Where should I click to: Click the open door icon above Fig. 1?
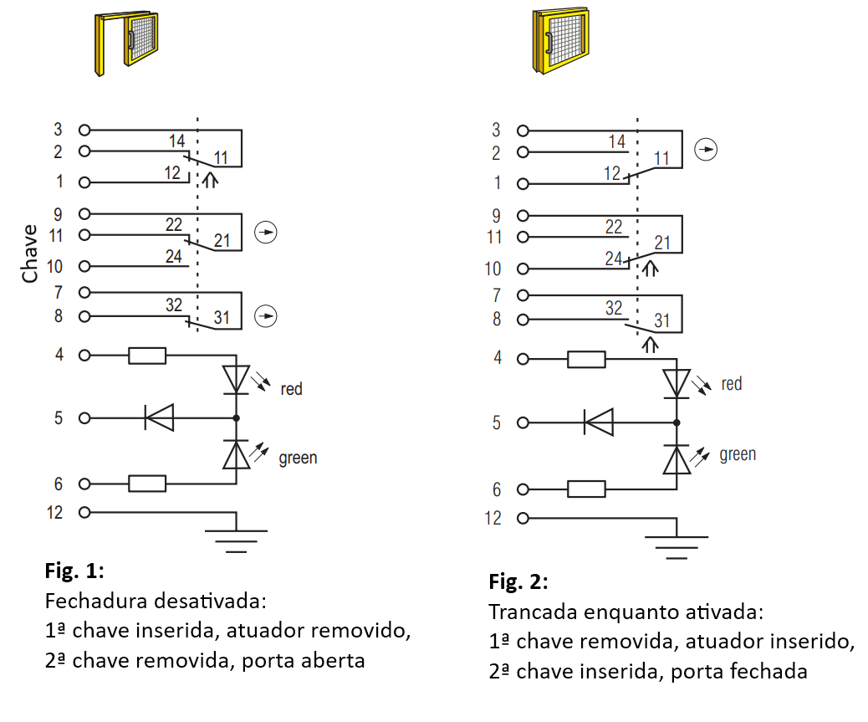pyautogui.click(x=126, y=43)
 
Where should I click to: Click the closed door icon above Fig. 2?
pyautogui.click(x=561, y=40)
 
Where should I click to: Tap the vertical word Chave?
pyautogui.click(x=29, y=253)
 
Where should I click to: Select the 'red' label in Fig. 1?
pyautogui.click(x=291, y=389)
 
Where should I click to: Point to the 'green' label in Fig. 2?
pyautogui.click(x=738, y=454)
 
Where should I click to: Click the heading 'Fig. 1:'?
pyautogui.click(x=74, y=571)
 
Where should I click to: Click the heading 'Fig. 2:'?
pyautogui.click(x=518, y=581)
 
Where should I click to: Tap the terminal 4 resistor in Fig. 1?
pyautogui.click(x=147, y=356)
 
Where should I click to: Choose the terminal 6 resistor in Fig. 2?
pyautogui.click(x=586, y=489)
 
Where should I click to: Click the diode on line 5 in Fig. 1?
pyautogui.click(x=159, y=417)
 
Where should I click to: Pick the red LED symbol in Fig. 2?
pyautogui.click(x=676, y=384)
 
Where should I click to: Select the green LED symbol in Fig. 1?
pyautogui.click(x=237, y=455)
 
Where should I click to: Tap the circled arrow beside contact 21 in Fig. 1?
pyautogui.click(x=266, y=232)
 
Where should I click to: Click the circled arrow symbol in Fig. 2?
pyautogui.click(x=706, y=150)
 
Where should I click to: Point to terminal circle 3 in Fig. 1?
pyautogui.click(x=84, y=131)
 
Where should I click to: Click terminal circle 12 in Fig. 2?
pyautogui.click(x=523, y=518)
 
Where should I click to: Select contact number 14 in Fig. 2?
pyautogui.click(x=616, y=141)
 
